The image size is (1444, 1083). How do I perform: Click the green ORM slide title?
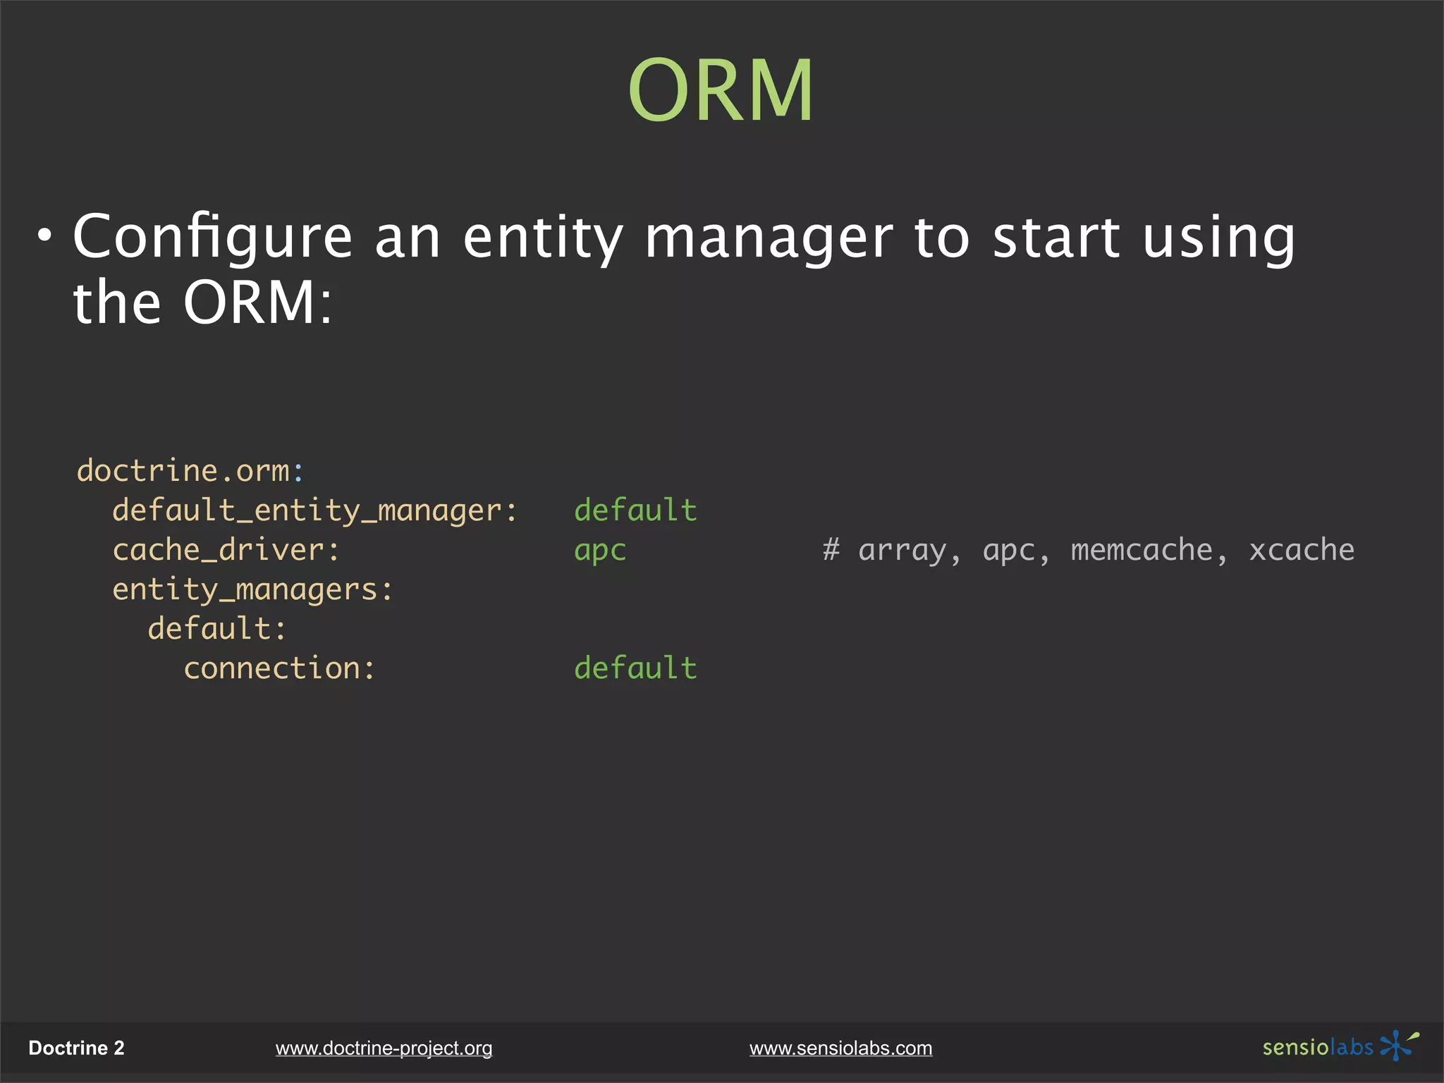pos(721,90)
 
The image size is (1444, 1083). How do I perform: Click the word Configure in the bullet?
pos(212,237)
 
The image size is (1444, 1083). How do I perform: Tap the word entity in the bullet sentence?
pos(543,237)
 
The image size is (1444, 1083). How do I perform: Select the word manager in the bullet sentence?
pos(769,238)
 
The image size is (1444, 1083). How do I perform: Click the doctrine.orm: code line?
pos(190,471)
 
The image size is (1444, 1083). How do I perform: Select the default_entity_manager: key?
pos(314,510)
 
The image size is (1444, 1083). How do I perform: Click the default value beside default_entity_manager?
pos(635,510)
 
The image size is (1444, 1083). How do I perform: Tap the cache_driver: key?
pos(226,550)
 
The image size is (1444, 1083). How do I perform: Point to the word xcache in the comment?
pos(1302,550)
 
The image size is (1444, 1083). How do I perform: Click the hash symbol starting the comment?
pos(831,550)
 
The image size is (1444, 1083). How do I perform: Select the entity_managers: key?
pos(252,589)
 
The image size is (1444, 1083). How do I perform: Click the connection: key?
pos(279,668)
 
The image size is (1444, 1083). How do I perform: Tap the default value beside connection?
pos(635,668)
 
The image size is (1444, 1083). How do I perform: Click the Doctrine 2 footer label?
pos(76,1048)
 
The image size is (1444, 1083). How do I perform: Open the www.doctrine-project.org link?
pos(384,1048)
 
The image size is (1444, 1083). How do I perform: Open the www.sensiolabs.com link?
pos(840,1048)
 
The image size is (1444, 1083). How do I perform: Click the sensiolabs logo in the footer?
pos(1340,1046)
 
